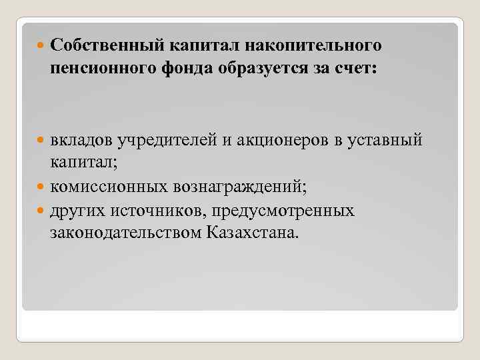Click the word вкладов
click(81, 141)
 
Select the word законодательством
click(126, 234)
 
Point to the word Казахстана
click(253, 234)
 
